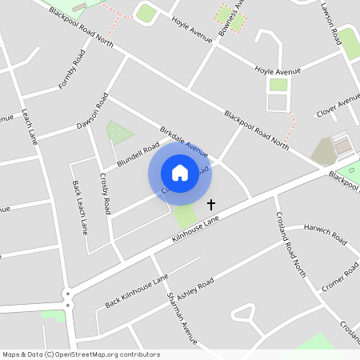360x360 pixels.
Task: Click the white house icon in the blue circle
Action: pos(180,172)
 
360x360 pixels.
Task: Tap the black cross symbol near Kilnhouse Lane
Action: pos(211,206)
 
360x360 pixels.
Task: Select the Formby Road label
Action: pos(71,70)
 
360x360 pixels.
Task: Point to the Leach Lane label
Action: pos(30,126)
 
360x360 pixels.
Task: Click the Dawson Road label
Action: pos(92,113)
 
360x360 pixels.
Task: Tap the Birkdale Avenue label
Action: pos(183,141)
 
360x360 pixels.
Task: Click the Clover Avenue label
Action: pos(338,103)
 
